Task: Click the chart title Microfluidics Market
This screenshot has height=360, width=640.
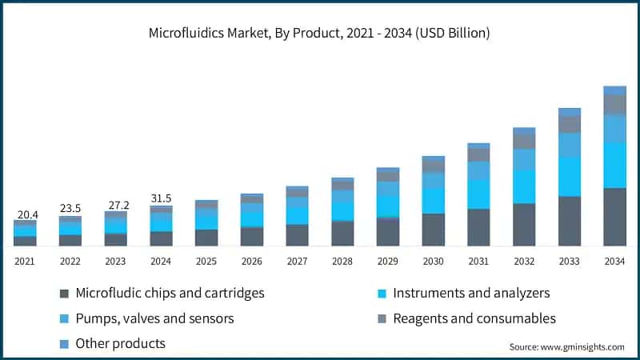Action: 319,34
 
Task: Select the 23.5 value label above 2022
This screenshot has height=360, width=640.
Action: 70,208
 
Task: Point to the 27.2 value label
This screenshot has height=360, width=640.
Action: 116,203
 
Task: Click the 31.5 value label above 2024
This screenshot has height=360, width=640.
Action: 161,198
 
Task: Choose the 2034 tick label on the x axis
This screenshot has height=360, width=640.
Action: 614,261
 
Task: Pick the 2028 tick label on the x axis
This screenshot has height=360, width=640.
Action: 342,261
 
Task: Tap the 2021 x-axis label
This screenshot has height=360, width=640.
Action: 25,261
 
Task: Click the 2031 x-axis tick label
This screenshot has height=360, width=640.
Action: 478,261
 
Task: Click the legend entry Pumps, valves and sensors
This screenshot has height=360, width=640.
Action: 154,318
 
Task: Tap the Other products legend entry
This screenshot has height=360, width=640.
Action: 120,343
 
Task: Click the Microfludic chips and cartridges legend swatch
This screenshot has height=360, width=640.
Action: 63,294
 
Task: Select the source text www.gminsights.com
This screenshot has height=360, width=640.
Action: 567,346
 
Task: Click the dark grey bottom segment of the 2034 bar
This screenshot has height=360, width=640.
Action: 614,216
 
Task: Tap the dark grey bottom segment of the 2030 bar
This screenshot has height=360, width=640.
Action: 433,229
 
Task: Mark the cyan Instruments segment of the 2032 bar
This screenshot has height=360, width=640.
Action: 524,186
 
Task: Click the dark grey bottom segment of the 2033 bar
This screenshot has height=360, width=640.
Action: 570,220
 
